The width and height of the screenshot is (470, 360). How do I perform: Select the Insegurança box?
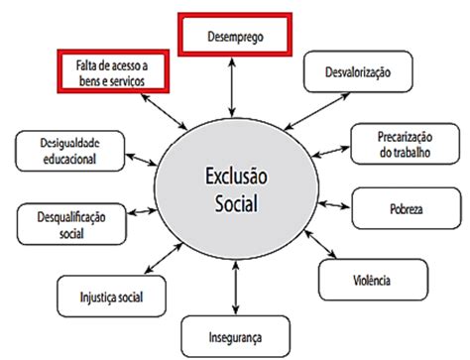(x=235, y=334)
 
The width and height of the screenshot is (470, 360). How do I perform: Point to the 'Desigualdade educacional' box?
(x=59, y=150)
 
